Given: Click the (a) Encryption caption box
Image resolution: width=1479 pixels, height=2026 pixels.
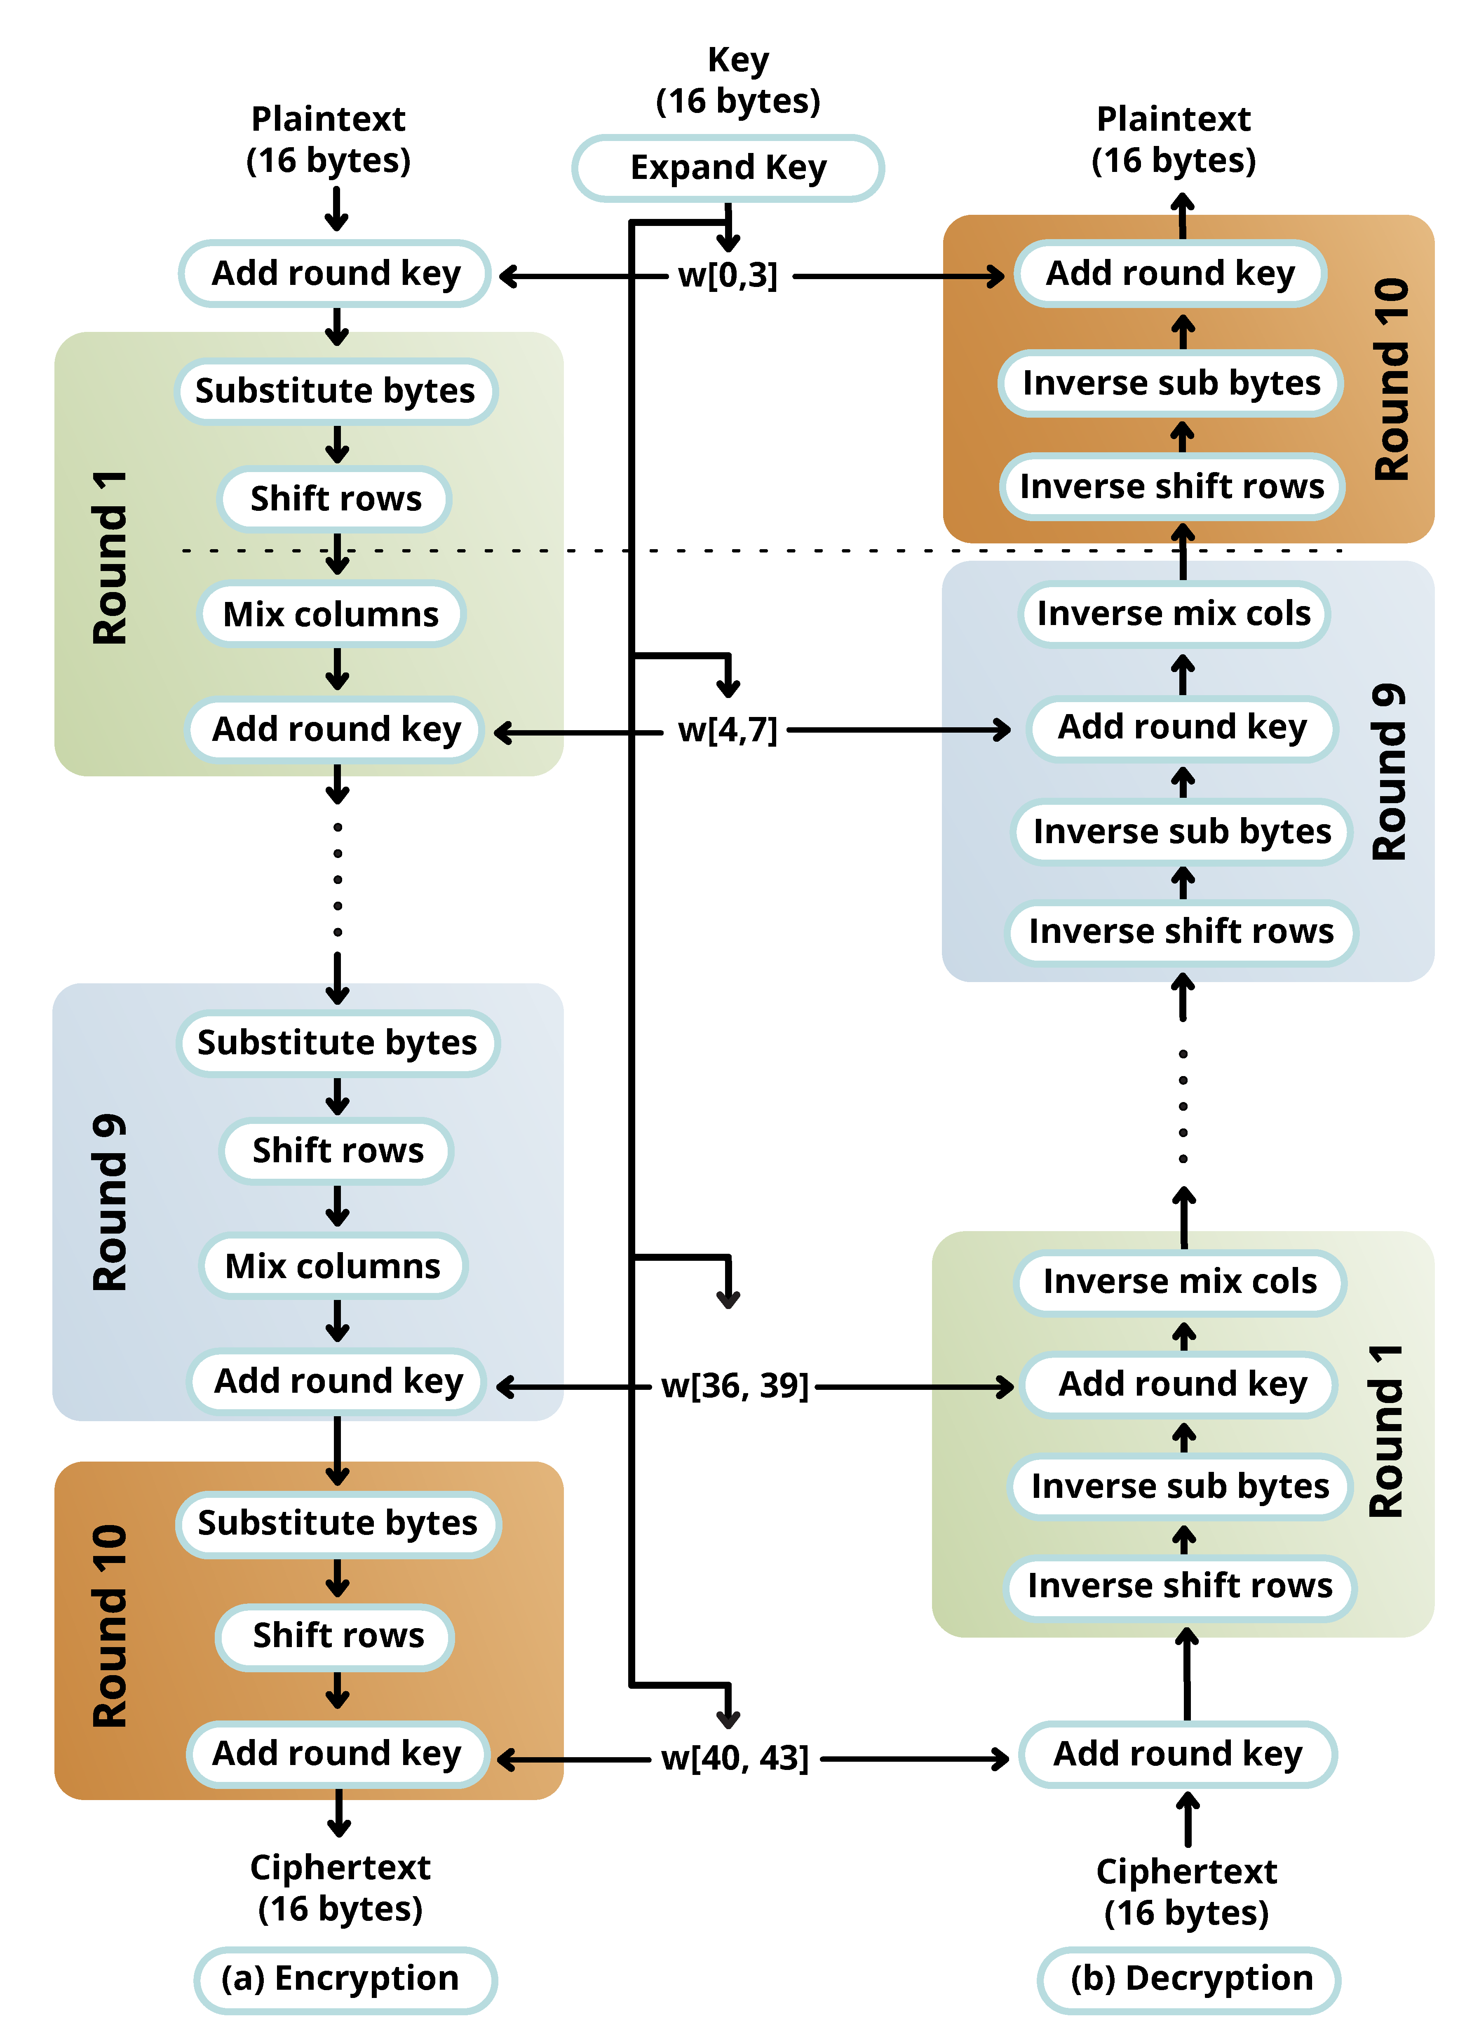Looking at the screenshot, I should click(345, 1979).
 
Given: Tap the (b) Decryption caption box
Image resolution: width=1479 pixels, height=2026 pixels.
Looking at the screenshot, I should click(1189, 1979).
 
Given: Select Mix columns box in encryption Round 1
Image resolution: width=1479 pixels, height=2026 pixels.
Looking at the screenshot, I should click(331, 614).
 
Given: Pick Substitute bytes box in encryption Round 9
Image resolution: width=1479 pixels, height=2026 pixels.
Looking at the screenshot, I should click(338, 1043).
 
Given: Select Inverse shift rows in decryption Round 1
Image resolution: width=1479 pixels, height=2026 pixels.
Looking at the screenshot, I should click(1180, 1586).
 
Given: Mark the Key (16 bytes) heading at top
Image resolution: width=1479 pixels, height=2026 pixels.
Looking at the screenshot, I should click(738, 80).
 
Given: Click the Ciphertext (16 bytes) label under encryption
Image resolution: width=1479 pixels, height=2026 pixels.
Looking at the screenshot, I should click(340, 1887).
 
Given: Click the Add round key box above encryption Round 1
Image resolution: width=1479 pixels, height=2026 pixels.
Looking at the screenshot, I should click(336, 273).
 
